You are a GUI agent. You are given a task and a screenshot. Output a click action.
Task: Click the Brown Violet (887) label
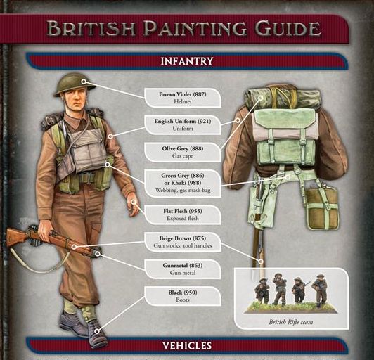click(183, 98)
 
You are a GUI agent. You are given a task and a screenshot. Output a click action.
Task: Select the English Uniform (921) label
click(183, 124)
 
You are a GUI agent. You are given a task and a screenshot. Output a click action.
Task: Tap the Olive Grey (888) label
click(183, 152)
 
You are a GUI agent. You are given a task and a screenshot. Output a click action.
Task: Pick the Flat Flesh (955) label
click(183, 214)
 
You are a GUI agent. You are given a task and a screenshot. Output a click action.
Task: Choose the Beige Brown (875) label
click(183, 242)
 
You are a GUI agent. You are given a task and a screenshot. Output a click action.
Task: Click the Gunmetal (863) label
click(183, 269)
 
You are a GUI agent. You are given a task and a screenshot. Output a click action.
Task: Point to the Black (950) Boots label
click(183, 296)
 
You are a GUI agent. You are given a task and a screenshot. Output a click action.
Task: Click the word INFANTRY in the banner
click(187, 61)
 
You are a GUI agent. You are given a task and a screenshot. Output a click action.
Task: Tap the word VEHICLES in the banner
click(187, 345)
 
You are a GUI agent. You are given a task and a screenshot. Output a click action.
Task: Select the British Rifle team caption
click(291, 322)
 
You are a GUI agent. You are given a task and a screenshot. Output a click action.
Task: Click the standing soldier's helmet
click(75, 84)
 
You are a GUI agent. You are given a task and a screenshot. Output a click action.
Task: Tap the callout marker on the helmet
click(84, 82)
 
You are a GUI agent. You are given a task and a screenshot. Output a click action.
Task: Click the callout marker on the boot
click(97, 331)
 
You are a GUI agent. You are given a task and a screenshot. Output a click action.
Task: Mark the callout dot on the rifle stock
click(75, 247)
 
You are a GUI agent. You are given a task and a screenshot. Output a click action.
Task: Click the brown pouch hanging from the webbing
click(322, 209)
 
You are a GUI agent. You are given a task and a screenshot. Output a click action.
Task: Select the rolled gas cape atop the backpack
click(282, 98)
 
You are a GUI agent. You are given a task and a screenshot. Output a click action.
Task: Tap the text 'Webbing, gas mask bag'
click(183, 191)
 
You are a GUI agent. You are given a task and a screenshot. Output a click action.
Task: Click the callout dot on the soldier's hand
click(134, 202)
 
